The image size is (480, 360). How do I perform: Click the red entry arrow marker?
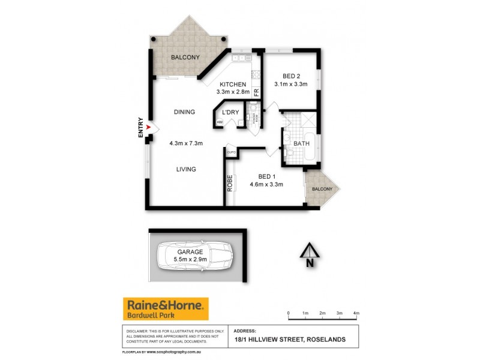150,128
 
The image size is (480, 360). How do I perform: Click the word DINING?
185,112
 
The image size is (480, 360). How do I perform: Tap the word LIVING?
186,169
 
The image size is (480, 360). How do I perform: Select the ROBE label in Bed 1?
230,182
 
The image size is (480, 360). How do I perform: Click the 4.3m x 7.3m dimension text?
186,143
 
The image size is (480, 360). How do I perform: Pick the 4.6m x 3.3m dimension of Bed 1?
266,184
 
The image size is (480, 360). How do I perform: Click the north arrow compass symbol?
308,253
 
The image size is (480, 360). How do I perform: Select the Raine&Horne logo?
166,309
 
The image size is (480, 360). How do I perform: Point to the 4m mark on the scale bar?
356,314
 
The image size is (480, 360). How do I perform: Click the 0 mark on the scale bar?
289,314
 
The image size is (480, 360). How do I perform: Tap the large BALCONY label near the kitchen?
185,57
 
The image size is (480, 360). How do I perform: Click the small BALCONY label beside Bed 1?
322,189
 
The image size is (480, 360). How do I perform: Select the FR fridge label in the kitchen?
256,92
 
